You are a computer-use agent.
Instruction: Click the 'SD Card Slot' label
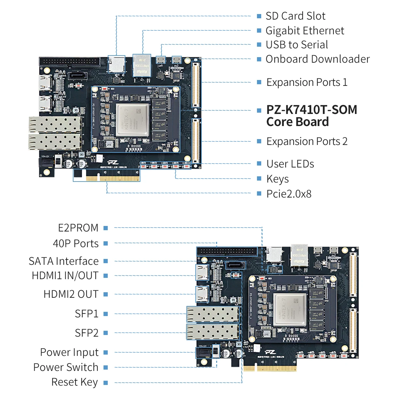[295, 16]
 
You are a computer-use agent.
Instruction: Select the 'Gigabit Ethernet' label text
[305, 31]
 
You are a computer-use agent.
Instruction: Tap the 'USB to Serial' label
[296, 45]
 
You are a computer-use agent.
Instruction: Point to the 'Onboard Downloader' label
[317, 59]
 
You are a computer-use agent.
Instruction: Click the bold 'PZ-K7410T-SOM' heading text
[311, 110]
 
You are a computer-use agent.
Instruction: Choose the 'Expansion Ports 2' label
[307, 141]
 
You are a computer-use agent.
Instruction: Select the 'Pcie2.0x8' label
[289, 194]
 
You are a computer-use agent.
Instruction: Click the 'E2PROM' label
[78, 228]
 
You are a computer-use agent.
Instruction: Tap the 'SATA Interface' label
[64, 261]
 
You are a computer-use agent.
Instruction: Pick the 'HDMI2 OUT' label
[71, 294]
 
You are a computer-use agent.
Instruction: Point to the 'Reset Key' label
[74, 382]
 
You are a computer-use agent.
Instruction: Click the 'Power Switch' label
[66, 367]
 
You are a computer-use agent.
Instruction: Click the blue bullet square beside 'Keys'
[259, 179]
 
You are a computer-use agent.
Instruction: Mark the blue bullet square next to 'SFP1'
[105, 314]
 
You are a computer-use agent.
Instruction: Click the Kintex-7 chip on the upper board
[133, 120]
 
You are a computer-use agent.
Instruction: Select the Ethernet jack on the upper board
[142, 65]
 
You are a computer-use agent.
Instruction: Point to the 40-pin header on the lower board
[227, 251]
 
